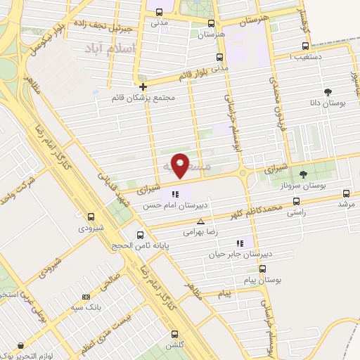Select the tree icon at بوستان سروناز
tap(303, 174)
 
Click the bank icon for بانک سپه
tap(85, 297)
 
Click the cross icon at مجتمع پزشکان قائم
tap(143, 87)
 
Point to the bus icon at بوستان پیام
tap(262, 269)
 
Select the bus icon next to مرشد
tap(345, 194)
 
